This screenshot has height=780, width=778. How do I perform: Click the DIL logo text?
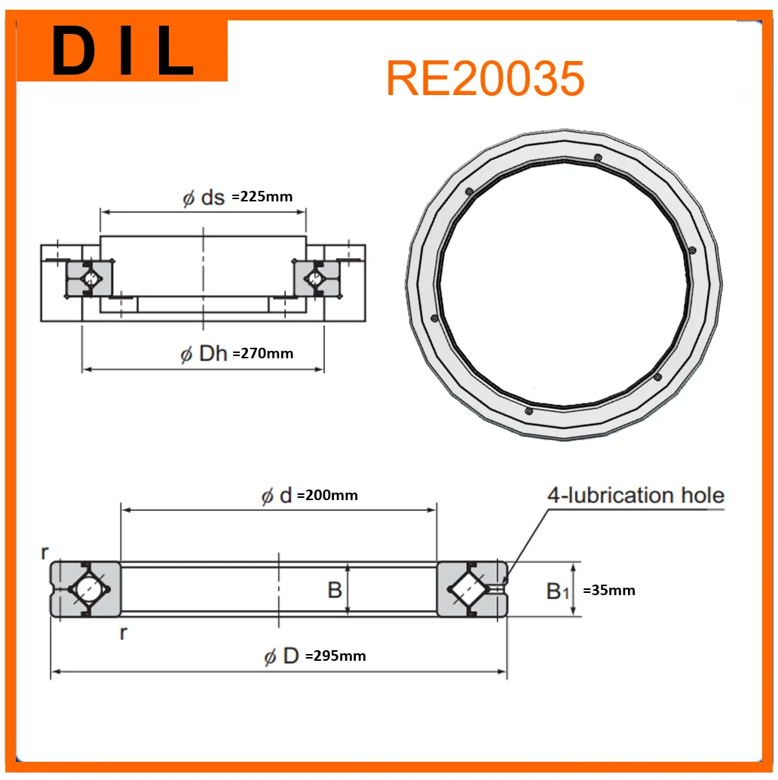tap(123, 51)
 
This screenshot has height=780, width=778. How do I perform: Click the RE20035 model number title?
tap(485, 78)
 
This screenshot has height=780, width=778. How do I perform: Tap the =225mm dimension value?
tap(262, 197)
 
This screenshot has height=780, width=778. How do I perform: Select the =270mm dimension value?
tap(263, 353)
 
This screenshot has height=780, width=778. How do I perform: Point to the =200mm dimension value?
tap(328, 496)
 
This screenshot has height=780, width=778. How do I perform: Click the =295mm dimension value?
tap(335, 656)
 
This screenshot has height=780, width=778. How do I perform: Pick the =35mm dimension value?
tap(609, 590)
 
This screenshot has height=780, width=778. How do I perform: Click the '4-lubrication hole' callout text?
tap(636, 496)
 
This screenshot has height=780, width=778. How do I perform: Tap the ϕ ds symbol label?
tap(204, 198)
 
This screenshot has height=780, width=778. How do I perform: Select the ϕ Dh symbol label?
tap(204, 354)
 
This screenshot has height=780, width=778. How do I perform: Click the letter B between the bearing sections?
tap(335, 590)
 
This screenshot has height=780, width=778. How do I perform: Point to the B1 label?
tap(557, 591)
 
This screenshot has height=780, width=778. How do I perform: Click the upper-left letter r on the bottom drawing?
tap(44, 553)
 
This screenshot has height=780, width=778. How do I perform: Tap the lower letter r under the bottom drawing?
tap(123, 633)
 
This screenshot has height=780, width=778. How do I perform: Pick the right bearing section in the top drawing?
tap(315, 278)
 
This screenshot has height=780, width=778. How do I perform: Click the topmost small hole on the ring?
tap(597, 158)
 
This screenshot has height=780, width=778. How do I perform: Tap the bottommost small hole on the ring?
tap(528, 411)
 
